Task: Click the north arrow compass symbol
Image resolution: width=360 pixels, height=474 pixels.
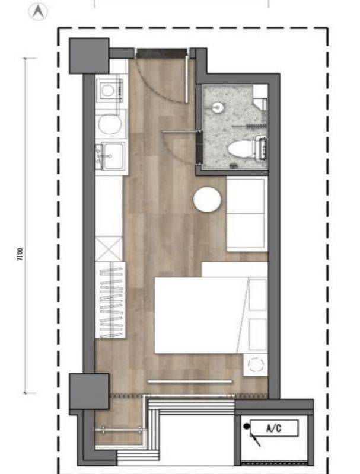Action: tap(38, 12)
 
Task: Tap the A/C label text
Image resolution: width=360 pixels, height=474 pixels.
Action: tap(274, 428)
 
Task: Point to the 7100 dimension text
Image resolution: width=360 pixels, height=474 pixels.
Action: tap(20, 254)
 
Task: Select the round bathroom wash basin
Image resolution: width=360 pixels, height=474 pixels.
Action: tap(218, 108)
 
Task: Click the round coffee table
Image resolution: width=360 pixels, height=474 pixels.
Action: tap(207, 200)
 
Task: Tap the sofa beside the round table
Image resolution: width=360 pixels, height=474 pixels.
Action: tap(247, 214)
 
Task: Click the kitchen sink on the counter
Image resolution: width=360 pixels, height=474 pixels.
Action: tap(112, 156)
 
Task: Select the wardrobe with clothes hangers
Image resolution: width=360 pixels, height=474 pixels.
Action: tap(110, 300)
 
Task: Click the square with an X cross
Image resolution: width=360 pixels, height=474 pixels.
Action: tap(109, 249)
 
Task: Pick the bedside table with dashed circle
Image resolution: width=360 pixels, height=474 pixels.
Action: tap(256, 365)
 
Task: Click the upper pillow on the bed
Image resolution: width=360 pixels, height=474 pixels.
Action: tap(258, 295)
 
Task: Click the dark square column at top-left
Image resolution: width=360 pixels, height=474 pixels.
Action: tap(89, 56)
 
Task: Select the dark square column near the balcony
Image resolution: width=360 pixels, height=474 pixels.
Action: tap(89, 392)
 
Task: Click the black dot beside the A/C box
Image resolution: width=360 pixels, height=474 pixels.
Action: tap(247, 426)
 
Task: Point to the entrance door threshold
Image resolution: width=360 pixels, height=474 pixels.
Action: tap(161, 53)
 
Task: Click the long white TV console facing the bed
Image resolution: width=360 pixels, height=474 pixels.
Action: tap(190, 382)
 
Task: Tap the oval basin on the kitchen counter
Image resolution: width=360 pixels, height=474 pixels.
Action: tap(110, 124)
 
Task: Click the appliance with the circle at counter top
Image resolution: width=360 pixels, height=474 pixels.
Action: tap(110, 90)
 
